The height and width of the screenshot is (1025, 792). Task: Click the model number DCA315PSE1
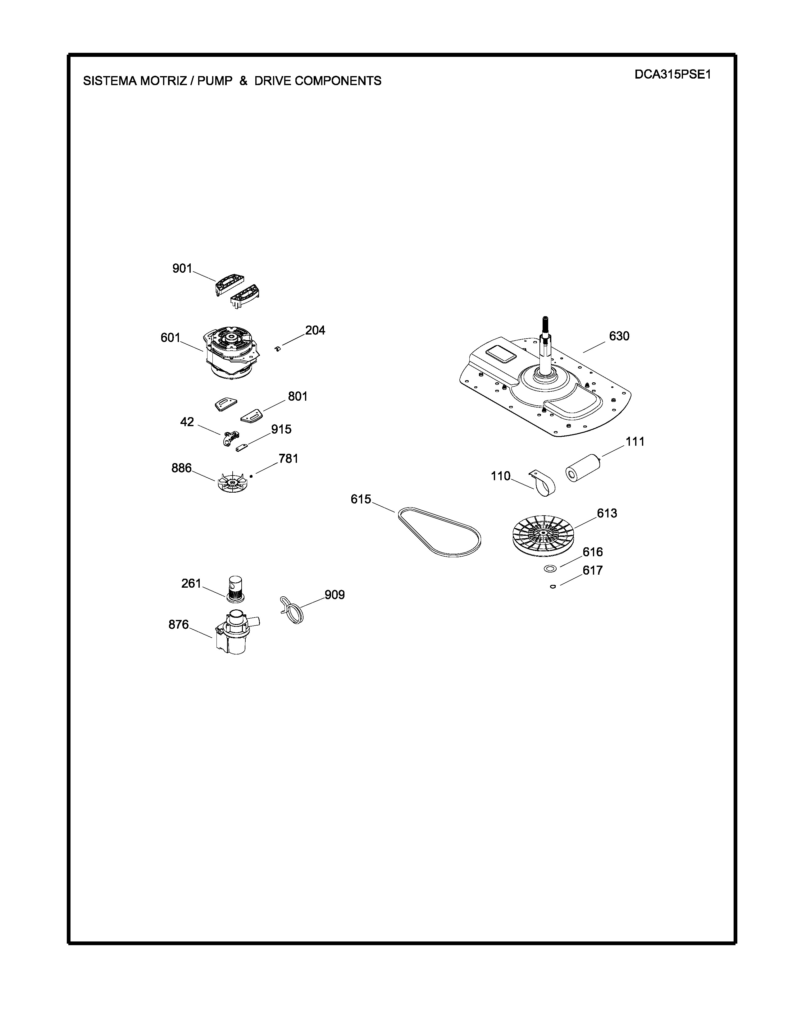tap(673, 75)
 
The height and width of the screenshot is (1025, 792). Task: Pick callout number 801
tap(298, 397)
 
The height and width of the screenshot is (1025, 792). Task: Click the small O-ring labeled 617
tap(553, 586)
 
